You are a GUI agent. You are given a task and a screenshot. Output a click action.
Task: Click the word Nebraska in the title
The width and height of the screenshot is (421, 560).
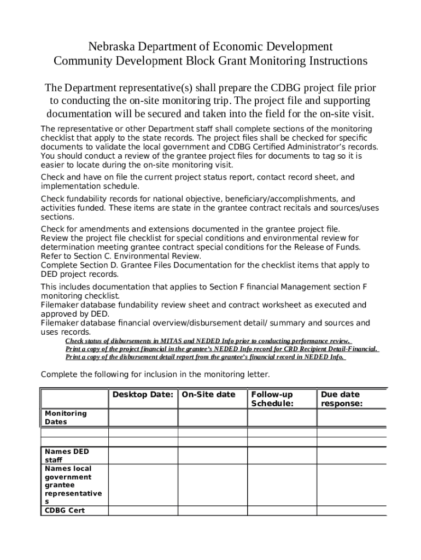tap(114, 46)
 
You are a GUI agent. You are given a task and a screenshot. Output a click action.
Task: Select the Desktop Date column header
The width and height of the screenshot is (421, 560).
tap(143, 394)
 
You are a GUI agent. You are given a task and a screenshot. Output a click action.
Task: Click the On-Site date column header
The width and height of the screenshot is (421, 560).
tap(208, 394)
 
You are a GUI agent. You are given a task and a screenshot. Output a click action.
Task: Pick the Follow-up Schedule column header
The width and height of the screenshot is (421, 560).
tap(272, 399)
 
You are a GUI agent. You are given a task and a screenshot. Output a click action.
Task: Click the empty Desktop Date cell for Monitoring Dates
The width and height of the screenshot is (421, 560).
tap(143, 417)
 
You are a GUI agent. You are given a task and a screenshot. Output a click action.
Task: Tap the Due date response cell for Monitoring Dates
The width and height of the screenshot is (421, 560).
tap(352, 417)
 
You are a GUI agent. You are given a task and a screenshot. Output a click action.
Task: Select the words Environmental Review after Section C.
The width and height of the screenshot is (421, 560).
tap(167, 255)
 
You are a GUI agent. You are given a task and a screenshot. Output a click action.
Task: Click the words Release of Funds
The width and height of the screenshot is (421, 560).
tap(327, 247)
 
